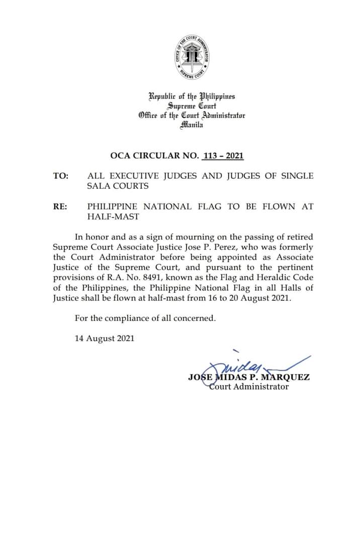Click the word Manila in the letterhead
(x=192, y=125)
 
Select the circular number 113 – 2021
(x=222, y=156)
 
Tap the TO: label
(x=61, y=176)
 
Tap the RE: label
(x=60, y=206)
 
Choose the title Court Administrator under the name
(x=249, y=387)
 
